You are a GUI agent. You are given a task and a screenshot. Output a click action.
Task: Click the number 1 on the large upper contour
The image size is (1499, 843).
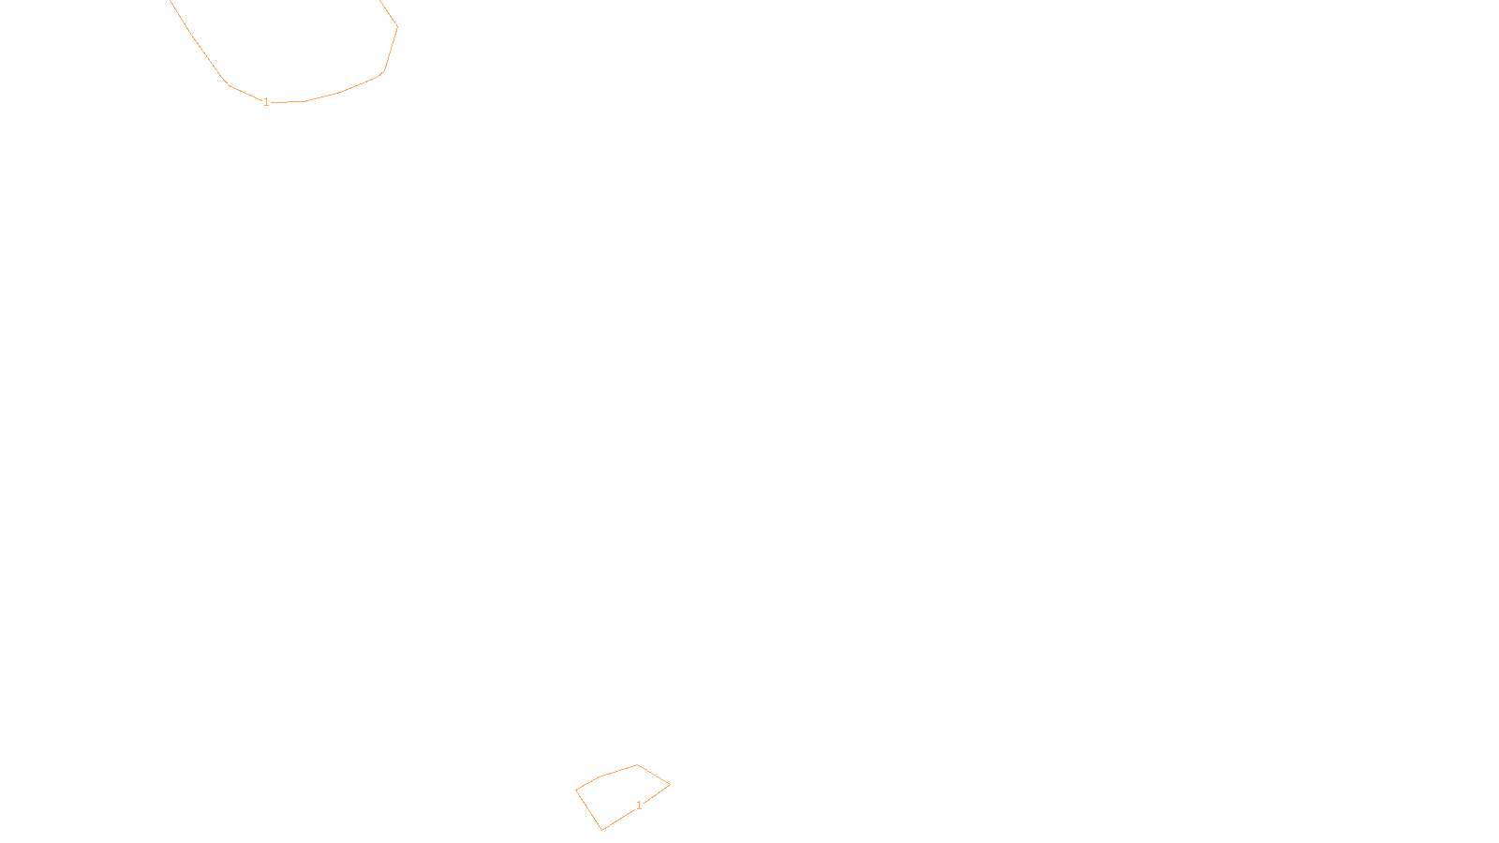266,102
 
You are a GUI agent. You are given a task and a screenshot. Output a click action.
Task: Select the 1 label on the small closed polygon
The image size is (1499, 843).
640,806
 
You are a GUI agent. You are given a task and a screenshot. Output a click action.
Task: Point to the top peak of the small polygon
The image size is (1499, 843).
638,765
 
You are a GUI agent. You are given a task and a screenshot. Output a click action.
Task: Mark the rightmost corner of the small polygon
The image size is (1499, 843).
670,785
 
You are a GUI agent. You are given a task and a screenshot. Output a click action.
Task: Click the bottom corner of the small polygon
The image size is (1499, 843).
601,830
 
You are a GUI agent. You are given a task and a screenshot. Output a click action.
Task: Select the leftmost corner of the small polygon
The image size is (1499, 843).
576,791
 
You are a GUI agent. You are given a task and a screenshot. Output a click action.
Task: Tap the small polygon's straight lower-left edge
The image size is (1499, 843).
588,810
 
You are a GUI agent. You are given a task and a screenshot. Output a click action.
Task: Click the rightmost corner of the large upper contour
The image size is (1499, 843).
397,26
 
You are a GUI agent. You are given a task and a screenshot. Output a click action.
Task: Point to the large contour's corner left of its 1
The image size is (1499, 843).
230,85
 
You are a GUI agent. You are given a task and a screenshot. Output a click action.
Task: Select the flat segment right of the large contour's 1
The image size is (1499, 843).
288,101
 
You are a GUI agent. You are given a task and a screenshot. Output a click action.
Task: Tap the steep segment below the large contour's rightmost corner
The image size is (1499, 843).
391,49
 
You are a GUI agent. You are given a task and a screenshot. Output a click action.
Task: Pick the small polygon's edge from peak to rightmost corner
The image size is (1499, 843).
654,775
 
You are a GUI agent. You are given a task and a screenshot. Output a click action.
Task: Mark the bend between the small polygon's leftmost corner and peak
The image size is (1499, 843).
600,776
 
